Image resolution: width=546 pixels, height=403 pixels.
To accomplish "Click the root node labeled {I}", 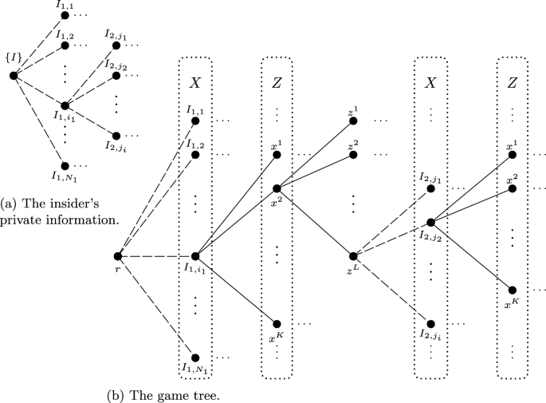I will (x=14, y=76).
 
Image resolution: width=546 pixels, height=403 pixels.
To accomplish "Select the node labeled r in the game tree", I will (x=117, y=256).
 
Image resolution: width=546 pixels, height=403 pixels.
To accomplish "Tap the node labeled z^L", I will (x=352, y=256).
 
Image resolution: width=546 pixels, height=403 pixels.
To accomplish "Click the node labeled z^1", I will (x=352, y=121).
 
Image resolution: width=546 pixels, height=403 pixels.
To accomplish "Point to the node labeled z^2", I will (x=352, y=155).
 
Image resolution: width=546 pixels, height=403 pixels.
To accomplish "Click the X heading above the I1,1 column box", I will (x=194, y=82).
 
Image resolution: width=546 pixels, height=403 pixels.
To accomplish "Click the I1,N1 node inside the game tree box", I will (x=194, y=358).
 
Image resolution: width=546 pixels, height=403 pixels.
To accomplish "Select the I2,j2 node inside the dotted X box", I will (x=430, y=223).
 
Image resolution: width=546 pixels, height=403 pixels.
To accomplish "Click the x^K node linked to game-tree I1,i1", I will (x=277, y=323).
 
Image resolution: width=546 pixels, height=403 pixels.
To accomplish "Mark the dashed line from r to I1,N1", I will (x=155, y=306).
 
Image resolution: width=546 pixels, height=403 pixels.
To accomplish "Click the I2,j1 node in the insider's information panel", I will (x=116, y=45).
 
